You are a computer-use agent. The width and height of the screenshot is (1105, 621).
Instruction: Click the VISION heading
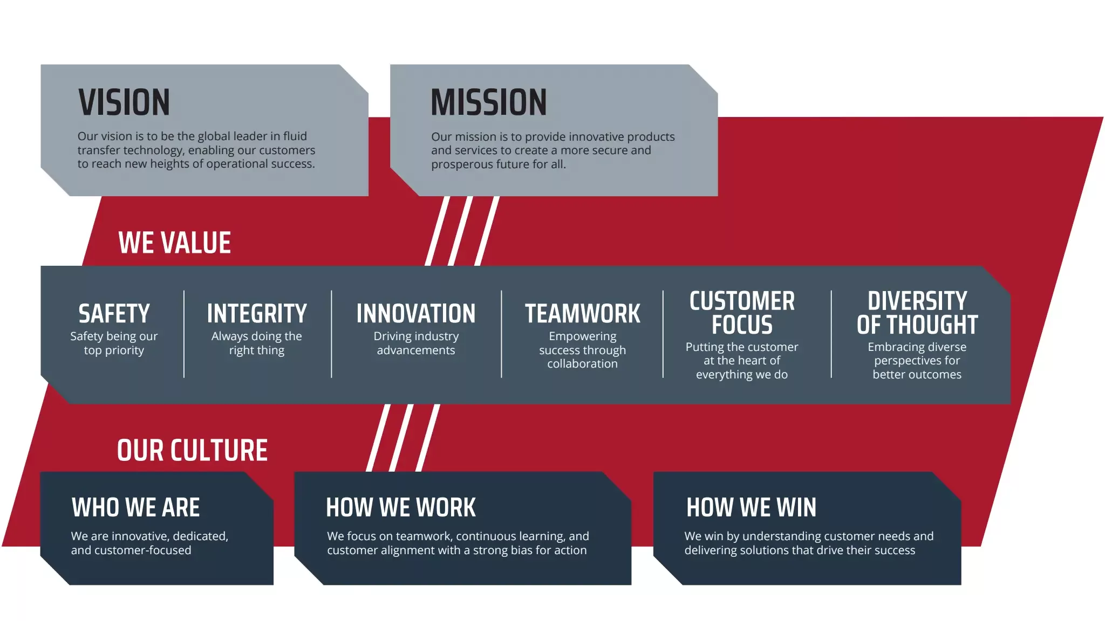(x=124, y=102)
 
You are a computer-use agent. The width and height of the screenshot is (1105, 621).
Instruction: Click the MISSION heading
(x=488, y=102)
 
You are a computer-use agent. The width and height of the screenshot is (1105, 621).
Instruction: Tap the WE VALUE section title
(x=174, y=243)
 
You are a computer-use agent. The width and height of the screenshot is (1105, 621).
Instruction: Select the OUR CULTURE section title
(x=192, y=451)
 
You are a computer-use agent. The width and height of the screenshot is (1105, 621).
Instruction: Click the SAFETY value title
(x=114, y=314)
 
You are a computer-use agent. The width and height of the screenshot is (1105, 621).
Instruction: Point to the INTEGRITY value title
(x=257, y=314)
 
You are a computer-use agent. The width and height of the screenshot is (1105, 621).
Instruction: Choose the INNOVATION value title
(x=415, y=314)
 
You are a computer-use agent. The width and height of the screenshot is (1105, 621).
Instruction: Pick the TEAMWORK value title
(x=582, y=314)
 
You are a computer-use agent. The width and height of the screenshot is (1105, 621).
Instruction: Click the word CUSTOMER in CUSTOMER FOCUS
(x=742, y=301)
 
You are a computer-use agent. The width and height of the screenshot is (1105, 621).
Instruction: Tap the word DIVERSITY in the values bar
(x=917, y=301)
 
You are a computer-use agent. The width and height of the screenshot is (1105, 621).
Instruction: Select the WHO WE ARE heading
(x=135, y=508)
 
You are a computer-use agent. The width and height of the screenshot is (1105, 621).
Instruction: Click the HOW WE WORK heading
(x=400, y=508)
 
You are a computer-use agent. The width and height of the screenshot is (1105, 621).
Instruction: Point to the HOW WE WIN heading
(x=751, y=508)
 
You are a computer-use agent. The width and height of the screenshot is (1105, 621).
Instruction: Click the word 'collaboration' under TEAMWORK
(x=582, y=364)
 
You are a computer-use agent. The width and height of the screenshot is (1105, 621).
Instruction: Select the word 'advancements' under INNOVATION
(x=415, y=350)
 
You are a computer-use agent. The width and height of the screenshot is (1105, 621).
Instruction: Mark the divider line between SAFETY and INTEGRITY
(x=184, y=334)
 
